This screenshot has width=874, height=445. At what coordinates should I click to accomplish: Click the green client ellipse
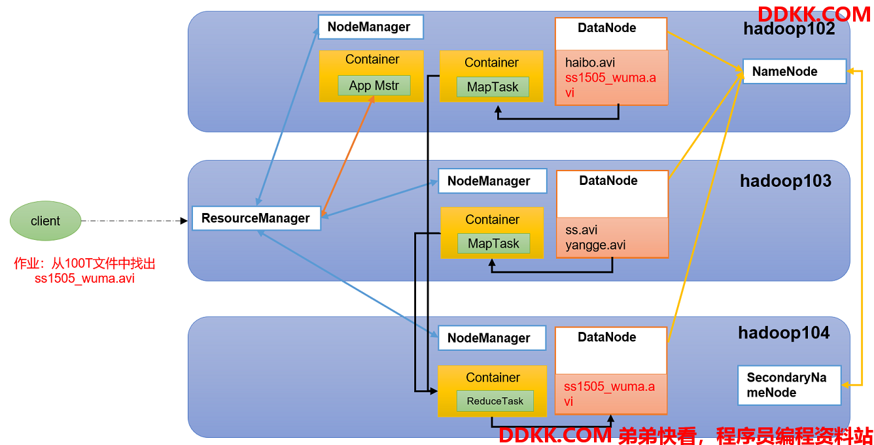(x=45, y=221)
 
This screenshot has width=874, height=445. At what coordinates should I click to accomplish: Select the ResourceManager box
(x=256, y=218)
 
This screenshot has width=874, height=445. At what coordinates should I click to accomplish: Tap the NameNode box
(x=794, y=71)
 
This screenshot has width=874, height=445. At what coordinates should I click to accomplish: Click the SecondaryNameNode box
(x=790, y=385)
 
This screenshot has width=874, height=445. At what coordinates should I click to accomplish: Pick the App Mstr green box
(x=374, y=86)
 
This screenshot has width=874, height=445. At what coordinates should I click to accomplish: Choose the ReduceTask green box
(x=495, y=401)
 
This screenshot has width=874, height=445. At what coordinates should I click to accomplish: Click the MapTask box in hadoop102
(x=493, y=86)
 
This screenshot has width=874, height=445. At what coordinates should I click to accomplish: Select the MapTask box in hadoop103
(x=493, y=243)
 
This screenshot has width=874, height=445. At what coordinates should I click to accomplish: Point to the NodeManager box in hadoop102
(x=371, y=27)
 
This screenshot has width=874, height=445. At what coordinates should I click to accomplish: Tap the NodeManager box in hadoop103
(x=493, y=181)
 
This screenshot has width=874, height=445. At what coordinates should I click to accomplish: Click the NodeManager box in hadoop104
(x=492, y=338)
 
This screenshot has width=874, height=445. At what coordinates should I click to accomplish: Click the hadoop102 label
(x=789, y=29)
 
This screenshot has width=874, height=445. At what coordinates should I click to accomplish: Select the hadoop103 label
(x=786, y=181)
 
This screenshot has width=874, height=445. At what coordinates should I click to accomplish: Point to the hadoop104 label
(x=784, y=333)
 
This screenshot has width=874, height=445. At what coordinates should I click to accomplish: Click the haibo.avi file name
(x=590, y=62)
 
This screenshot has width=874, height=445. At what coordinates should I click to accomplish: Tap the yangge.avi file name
(x=595, y=244)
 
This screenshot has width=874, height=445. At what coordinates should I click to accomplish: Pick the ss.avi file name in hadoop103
(x=582, y=230)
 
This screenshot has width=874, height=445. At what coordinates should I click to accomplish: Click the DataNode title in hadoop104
(x=606, y=337)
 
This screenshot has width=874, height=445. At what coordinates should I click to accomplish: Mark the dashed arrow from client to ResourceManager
(x=134, y=221)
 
